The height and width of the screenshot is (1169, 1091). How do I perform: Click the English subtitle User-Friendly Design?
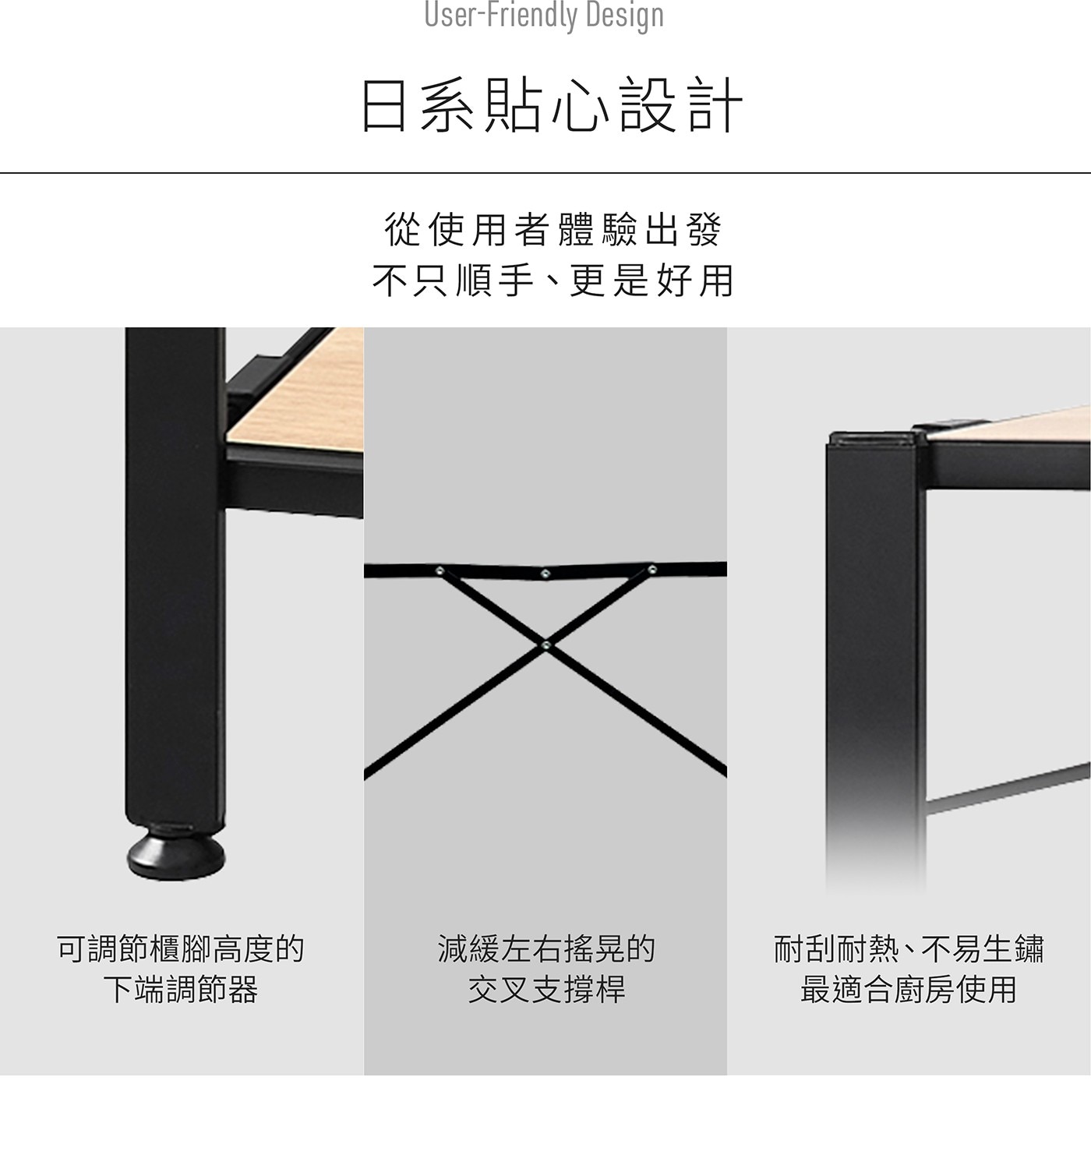click(544, 16)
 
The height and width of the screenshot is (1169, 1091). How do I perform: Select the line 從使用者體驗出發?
click(552, 229)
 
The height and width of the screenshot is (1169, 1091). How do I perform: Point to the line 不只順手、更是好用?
click(553, 281)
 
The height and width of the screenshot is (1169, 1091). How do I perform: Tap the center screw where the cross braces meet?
click(545, 646)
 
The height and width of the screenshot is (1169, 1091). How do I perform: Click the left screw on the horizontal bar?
click(440, 571)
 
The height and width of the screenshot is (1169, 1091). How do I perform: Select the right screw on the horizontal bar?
click(651, 569)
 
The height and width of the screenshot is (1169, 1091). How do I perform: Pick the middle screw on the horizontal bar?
click(545, 574)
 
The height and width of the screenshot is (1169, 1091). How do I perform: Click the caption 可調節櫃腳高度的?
click(180, 949)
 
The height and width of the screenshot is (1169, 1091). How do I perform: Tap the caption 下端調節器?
click(181, 989)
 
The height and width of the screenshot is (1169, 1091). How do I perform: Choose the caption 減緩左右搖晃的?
click(545, 949)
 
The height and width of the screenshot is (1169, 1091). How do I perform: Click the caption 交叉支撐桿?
click(545, 989)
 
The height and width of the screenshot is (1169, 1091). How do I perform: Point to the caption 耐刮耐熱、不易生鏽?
click(909, 949)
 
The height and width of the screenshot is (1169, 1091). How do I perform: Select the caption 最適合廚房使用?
click(909, 989)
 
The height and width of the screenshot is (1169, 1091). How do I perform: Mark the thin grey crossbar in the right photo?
click(1008, 789)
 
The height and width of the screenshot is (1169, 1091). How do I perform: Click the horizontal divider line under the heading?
click(545, 173)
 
